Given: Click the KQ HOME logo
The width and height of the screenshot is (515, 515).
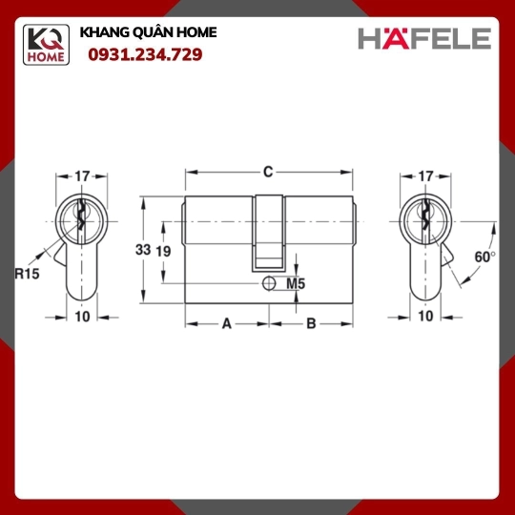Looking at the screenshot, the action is [46, 45].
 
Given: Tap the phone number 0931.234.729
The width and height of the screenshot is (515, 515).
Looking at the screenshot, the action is [145, 54].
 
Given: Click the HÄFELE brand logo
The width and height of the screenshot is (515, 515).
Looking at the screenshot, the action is [424, 38].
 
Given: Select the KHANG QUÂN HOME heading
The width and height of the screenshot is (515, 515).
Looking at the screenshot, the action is [148, 32].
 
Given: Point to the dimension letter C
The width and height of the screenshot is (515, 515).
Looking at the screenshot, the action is [268, 172].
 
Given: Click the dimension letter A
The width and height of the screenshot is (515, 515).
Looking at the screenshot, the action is [227, 324].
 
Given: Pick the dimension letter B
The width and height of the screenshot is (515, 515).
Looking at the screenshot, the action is [311, 324].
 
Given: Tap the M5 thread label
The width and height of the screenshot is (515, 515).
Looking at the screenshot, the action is [296, 283].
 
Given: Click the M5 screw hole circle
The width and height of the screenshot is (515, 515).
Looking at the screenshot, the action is [269, 283].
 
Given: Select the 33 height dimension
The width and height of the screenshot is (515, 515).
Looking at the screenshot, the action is [143, 250].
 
